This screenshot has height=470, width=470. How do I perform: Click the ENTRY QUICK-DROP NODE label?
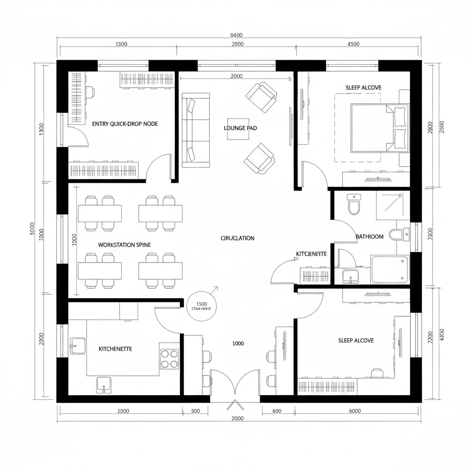coord(125,124)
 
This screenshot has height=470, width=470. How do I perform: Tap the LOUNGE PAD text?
coord(240,128)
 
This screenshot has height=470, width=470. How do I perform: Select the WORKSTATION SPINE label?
coord(124,245)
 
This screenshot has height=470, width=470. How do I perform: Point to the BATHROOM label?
coord(369,237)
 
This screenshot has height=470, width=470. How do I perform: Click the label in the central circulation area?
coord(237,238)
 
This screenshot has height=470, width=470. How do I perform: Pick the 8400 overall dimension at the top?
coord(235,35)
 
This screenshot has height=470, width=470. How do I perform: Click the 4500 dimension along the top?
coord(354,45)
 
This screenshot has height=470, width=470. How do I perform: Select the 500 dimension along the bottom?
coord(196,411)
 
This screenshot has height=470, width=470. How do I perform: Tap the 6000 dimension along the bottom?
coord(355,411)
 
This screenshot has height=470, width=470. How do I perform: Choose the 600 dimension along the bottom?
coord(277,411)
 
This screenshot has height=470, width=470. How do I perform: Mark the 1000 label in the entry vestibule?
coord(238,343)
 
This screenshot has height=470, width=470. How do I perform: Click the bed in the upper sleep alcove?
coord(379,128)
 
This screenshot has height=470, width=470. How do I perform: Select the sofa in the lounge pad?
coord(196,130)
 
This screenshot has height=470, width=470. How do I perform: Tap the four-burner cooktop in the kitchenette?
coord(169,359)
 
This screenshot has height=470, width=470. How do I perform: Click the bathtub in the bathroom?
coord(389,269)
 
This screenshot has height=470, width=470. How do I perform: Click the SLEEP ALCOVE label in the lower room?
coord(356,341)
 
